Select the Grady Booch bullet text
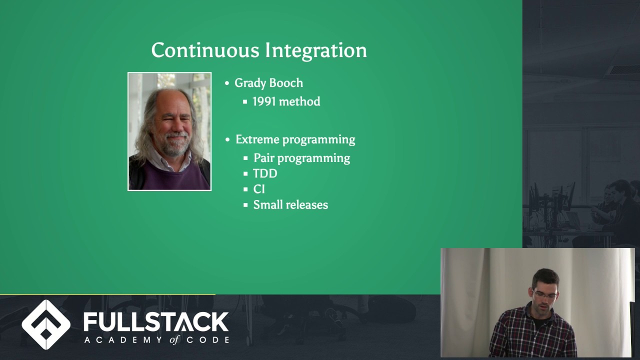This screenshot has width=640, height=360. (268, 83)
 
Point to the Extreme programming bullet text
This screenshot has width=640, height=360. (295, 139)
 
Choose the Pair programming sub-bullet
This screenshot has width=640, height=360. (301, 158)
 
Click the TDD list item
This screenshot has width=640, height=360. (265, 173)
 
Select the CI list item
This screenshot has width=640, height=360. (259, 189)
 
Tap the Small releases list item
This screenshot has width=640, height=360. (290, 204)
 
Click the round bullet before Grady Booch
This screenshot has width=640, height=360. (227, 83)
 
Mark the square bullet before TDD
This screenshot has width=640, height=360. (245, 173)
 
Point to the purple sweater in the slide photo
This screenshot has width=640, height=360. (170, 177)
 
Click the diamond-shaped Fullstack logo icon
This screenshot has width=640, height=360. (46, 324)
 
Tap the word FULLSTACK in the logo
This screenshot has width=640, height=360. (156, 322)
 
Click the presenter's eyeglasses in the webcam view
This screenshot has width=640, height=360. (544, 294)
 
